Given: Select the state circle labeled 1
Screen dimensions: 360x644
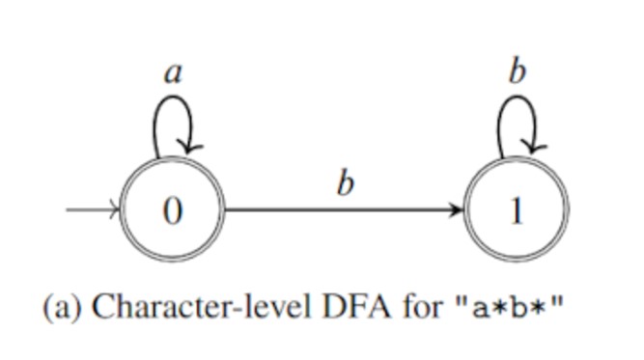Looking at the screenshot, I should coord(517,209).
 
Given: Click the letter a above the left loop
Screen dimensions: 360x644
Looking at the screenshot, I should coord(173,73).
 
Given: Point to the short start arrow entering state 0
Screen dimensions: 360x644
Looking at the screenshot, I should coord(92,208).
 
